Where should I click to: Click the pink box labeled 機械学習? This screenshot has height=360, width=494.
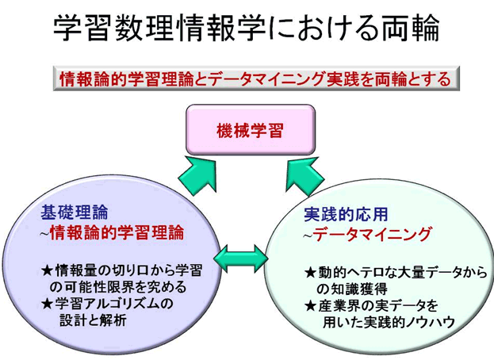click(251, 129)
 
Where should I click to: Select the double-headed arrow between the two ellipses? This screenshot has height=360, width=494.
click(241, 259)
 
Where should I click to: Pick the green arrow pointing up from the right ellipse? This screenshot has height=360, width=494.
click(304, 176)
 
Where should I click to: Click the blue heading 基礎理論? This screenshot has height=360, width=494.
click(75, 212)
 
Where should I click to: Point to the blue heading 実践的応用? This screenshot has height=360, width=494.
click(346, 214)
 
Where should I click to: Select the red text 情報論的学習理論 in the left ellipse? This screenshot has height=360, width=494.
click(117, 232)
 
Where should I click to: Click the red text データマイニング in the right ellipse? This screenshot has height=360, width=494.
click(372, 235)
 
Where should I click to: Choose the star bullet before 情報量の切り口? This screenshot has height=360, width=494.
click(48, 270)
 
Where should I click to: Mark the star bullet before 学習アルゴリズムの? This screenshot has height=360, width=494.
click(48, 304)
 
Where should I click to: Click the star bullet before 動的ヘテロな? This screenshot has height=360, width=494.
click(310, 273)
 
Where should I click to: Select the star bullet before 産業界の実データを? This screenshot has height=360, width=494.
click(310, 306)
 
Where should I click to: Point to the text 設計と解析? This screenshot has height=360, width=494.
click(94, 320)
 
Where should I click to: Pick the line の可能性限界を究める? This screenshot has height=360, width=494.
click(118, 287)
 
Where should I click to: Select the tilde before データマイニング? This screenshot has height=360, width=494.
click(308, 236)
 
